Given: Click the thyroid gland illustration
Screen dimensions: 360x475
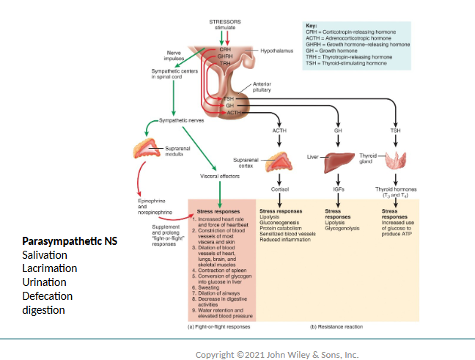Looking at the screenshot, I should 399,161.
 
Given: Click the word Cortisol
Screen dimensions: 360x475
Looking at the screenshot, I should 279,189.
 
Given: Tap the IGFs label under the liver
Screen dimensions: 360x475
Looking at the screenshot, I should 338,189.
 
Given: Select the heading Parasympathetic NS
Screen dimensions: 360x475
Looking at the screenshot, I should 69,241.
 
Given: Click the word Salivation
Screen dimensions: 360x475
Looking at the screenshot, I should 45,255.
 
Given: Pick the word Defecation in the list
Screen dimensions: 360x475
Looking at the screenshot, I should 48,296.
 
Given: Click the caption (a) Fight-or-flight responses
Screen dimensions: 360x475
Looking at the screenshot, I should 220,326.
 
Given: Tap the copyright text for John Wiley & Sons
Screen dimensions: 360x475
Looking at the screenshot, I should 277,355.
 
